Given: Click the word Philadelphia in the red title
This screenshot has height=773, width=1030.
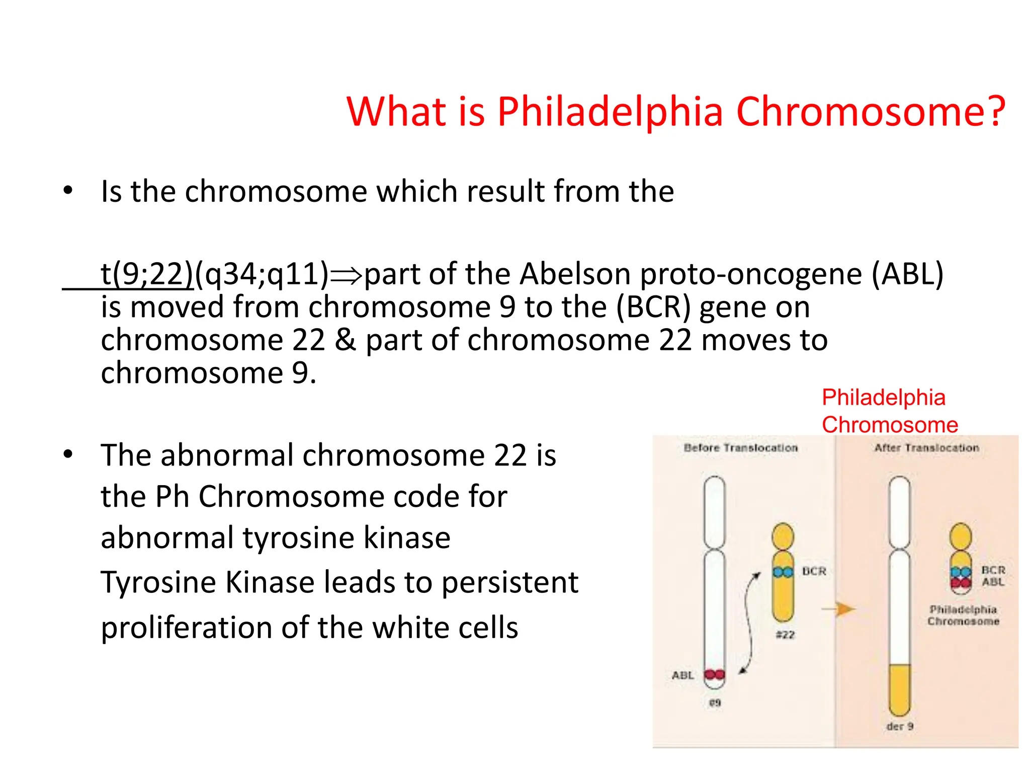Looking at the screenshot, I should pos(610,111).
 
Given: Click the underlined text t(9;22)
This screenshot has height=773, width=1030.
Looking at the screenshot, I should pos(146,274).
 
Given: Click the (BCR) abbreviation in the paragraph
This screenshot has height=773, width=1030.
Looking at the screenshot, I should pos(653,307).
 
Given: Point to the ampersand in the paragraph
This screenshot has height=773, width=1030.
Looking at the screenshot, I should pos(345,340).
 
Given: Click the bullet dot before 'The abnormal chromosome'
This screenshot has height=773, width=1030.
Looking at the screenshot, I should pos(68,454).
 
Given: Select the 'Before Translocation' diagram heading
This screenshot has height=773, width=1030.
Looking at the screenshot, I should pos(740,448).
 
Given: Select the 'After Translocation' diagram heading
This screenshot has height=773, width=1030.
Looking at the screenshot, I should pos(926,448).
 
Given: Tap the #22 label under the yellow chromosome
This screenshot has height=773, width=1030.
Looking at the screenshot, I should pos(785,635).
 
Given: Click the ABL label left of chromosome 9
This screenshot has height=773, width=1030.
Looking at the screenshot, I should pos(682,675).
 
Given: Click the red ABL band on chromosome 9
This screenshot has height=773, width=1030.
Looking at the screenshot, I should pos(714,674).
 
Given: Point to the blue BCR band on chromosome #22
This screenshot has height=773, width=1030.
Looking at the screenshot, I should pos(783,572).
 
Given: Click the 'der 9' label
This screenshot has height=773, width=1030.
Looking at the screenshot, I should pos(900,726).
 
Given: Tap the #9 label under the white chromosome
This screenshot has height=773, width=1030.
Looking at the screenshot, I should pos(715,703).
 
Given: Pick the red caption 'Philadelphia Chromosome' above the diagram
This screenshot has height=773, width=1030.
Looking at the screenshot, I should pos(889,411).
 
